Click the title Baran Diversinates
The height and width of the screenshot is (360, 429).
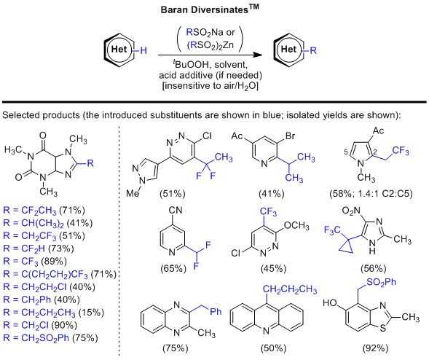tap(214, 9)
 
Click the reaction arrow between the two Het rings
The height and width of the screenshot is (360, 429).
tap(213, 52)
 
